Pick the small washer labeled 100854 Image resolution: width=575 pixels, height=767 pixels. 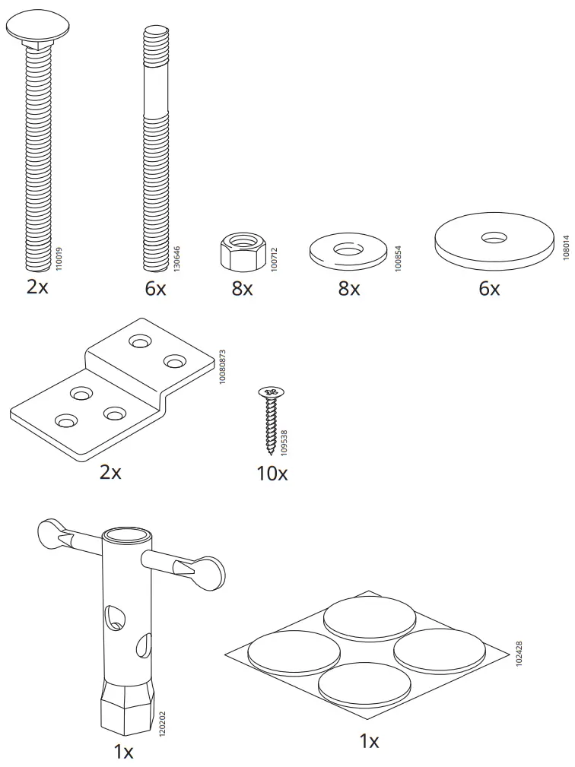[x=348, y=251]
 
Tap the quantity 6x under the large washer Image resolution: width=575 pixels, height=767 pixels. [x=489, y=290]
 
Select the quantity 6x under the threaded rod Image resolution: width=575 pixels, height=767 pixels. [x=155, y=289]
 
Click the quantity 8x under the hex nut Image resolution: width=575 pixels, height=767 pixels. [x=242, y=290]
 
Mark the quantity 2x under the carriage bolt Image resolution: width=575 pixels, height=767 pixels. [x=37, y=287]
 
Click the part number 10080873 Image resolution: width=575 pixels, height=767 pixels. [x=222, y=366]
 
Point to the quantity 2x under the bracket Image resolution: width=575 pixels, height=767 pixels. [x=110, y=472]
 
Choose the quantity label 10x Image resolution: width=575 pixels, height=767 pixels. [x=272, y=474]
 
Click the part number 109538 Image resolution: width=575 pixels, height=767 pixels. [x=284, y=440]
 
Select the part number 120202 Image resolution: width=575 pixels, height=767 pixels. [x=161, y=724]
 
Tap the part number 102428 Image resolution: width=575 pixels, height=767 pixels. [x=519, y=654]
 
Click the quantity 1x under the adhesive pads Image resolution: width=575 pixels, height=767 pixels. [x=369, y=741]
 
